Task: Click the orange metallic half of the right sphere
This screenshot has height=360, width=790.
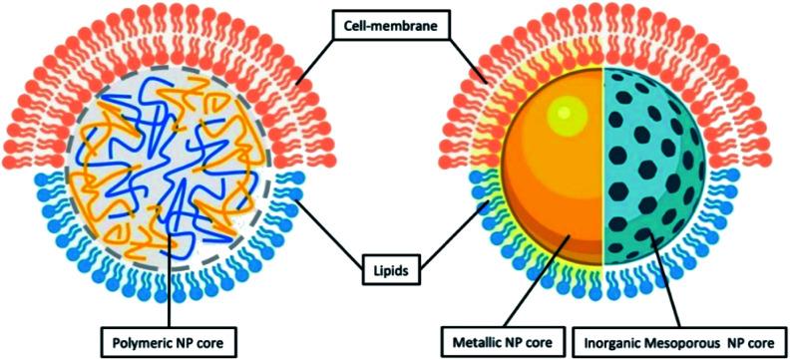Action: pyautogui.click(x=554, y=199)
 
